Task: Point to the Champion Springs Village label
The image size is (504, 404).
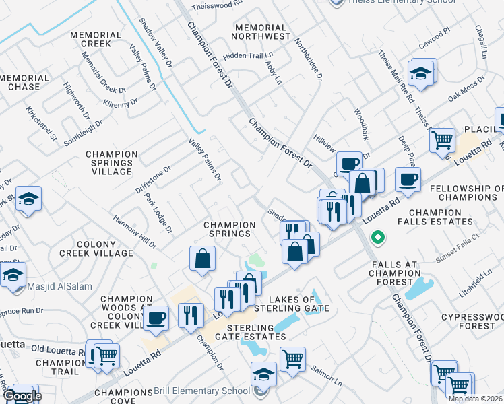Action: pos(113,163)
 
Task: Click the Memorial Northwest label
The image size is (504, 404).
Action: pos(262,31)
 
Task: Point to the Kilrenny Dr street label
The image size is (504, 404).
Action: pos(121,102)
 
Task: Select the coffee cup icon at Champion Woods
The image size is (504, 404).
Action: pos(156,318)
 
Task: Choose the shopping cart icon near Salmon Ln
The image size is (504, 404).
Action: pos(292,359)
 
